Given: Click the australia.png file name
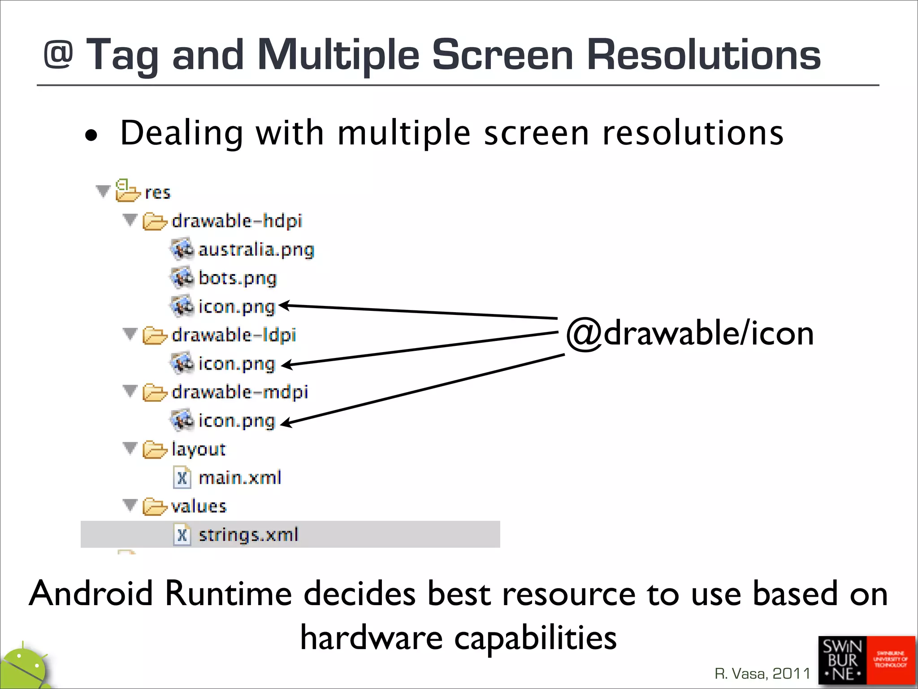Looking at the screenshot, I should point(256,250).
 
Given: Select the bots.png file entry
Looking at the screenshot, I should point(237,278).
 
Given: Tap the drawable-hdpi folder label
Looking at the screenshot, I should point(237,221).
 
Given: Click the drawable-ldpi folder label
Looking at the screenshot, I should point(234,335).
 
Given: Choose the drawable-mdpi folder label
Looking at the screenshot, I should point(240,392).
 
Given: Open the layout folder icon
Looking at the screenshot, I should point(154,449).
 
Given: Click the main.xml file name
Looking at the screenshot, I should point(240,478).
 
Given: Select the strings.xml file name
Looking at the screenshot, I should point(248,535).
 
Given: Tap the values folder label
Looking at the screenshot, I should point(199,506).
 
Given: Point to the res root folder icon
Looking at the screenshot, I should point(127,192).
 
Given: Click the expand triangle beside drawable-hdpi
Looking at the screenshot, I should point(130,220).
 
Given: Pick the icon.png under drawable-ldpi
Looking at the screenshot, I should point(236,364).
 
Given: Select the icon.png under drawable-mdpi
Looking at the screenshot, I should point(236,421).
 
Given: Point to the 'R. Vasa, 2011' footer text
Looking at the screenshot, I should point(762,673).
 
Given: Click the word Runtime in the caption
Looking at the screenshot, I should point(229,593).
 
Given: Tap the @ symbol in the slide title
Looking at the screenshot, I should point(58,55).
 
